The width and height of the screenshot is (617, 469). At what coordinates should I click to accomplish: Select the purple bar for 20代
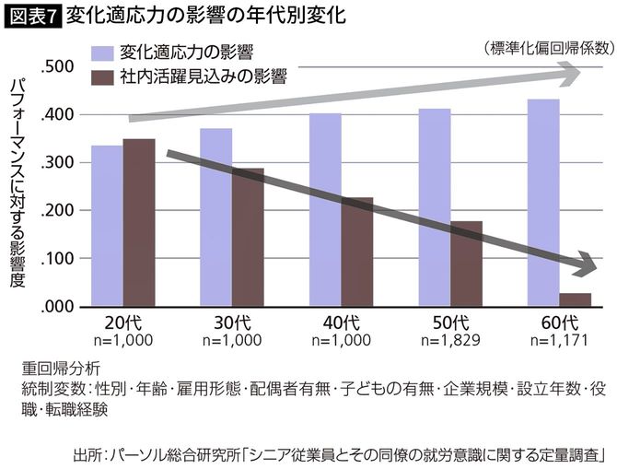(107, 226)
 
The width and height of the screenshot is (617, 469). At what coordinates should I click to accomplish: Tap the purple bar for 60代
(543, 203)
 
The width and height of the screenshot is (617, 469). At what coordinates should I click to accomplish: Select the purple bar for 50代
(434, 207)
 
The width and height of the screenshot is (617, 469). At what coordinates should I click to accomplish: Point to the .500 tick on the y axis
(59, 67)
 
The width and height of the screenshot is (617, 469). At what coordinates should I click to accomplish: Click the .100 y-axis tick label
(59, 259)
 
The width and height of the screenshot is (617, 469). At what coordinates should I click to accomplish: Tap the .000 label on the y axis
(59, 307)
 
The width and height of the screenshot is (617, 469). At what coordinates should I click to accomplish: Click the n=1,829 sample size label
(450, 339)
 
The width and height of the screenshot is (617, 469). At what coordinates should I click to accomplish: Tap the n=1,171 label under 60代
(559, 339)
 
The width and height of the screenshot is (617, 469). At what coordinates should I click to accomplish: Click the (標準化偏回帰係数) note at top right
(543, 47)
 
